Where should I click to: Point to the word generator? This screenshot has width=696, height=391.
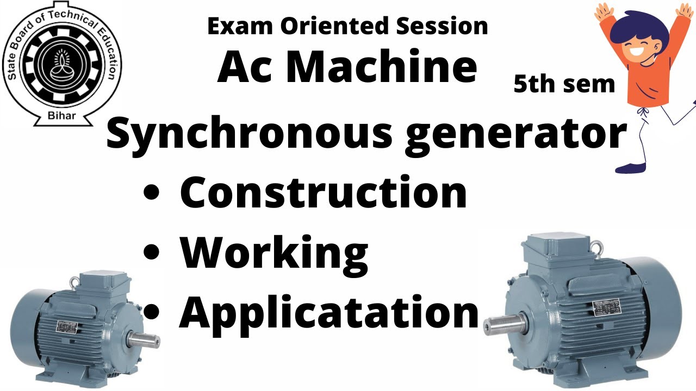(516, 135)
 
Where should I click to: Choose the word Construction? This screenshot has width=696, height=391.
(323, 192)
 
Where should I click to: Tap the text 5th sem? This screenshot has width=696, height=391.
(564, 84)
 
